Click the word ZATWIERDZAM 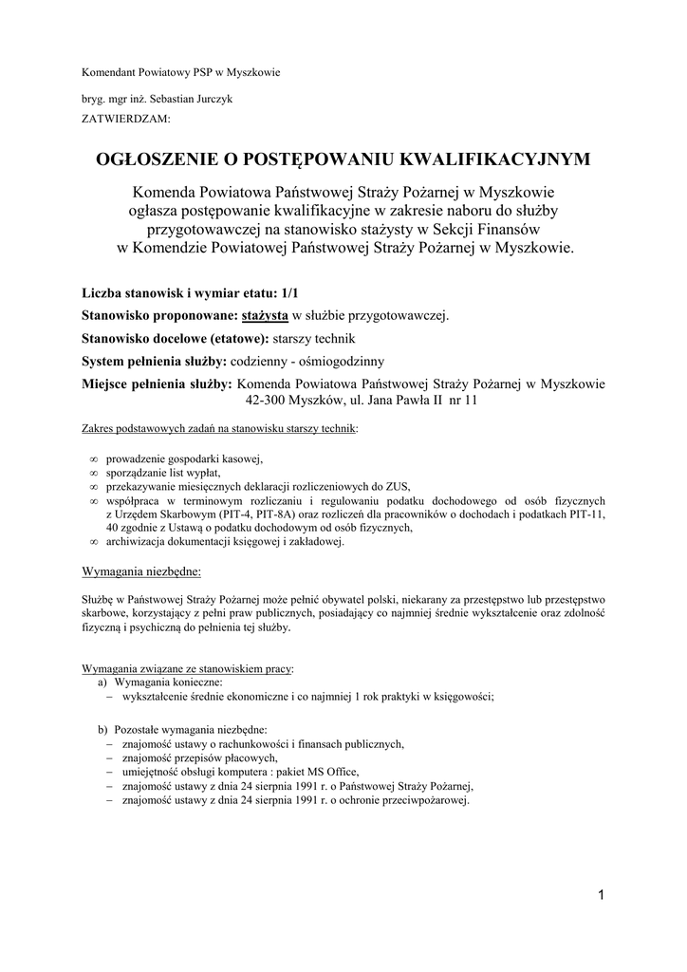click(126, 120)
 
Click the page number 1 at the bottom click(602, 894)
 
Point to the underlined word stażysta click(265, 316)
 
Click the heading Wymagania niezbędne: click(141, 572)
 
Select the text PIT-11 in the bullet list click(586, 514)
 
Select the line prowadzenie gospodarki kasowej click(183, 460)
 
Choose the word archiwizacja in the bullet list click(139, 541)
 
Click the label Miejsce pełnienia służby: click(158, 384)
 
